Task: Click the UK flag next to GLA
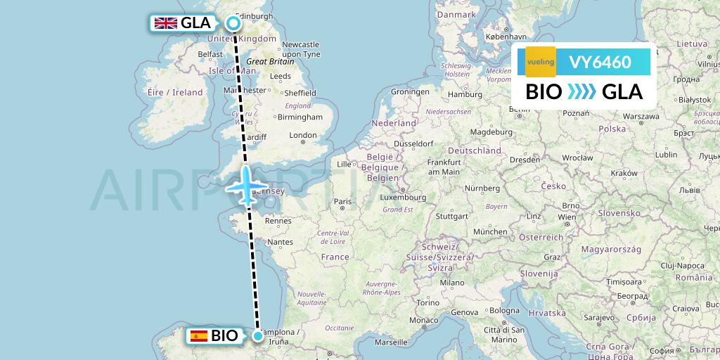pos(165,23)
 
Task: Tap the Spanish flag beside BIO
pos(198,336)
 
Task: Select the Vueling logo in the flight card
pos(540,62)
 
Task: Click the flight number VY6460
pos(600,62)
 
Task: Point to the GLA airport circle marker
pos(233,23)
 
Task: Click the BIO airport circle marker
pos(259,336)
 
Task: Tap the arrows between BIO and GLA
pos(581,92)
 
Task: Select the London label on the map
pos(303,135)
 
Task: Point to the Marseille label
pos(392,342)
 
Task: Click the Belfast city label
pos(210,53)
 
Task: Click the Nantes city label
pos(280,242)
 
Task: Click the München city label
pos(490,231)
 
